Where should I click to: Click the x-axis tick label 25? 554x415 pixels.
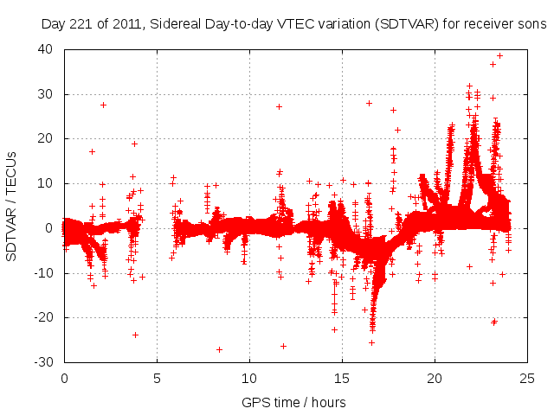tap(527, 378)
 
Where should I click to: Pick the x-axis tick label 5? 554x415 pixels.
tap(157, 378)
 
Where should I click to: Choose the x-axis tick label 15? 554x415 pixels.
tap(342, 378)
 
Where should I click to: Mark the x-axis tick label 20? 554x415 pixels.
tap(435, 378)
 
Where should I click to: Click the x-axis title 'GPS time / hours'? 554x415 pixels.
tap(295, 402)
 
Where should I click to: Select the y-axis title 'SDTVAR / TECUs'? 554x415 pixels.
tap(12, 205)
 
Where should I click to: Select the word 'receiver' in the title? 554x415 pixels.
tap(485, 24)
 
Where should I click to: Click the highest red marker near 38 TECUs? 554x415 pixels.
tap(499, 55)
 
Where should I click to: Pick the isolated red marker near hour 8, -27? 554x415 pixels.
tap(219, 349)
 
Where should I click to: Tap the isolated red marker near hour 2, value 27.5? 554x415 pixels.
tap(103, 105)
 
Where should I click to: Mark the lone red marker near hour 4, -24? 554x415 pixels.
tap(135, 335)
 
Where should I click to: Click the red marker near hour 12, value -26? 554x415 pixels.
tap(283, 346)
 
